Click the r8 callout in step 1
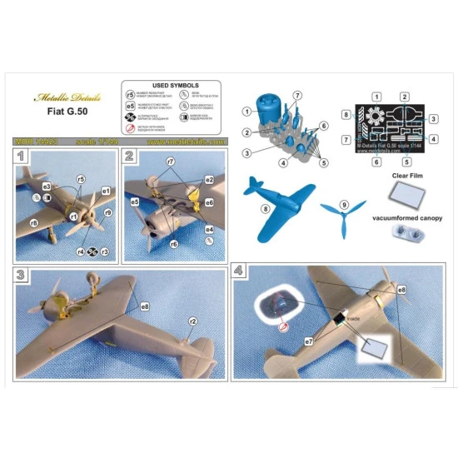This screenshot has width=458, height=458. click(35, 223)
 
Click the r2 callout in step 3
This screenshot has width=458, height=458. click(192, 321)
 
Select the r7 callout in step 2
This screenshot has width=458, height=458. click(170, 160)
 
